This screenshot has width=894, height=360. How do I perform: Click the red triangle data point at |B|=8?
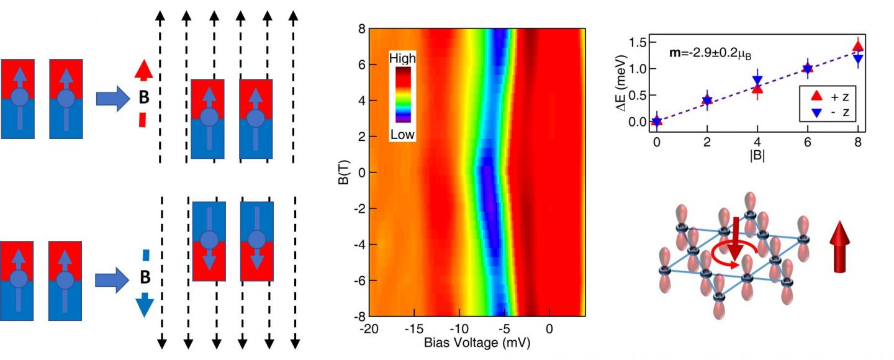tap(858, 46)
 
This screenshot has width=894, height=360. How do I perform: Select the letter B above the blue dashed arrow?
tap(143, 278)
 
